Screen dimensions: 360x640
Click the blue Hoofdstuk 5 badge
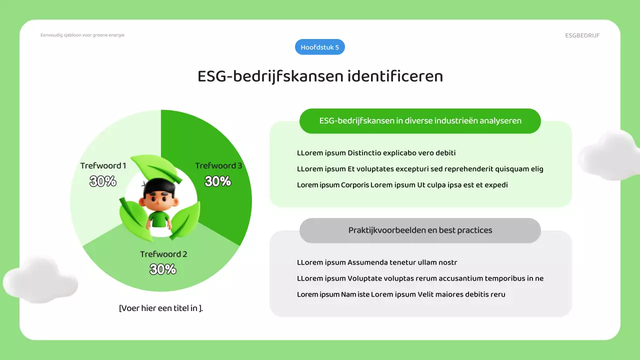click(320, 47)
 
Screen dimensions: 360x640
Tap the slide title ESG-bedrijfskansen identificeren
click(320, 76)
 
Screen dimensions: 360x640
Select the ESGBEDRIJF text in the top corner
click(582, 35)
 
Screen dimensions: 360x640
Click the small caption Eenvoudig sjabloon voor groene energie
click(82, 35)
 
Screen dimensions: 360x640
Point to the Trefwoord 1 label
click(103, 165)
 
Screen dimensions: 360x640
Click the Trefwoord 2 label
click(163, 254)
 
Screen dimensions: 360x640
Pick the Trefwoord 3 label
click(218, 165)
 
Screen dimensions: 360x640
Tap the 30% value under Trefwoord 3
click(218, 181)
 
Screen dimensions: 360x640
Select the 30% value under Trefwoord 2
click(163, 269)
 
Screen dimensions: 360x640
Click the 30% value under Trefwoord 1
click(103, 181)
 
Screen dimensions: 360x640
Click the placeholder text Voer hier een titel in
click(161, 308)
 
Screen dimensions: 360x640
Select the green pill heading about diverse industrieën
click(420, 121)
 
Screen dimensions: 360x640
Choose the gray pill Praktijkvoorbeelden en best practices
click(420, 230)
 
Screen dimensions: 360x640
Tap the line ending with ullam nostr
click(377, 262)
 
